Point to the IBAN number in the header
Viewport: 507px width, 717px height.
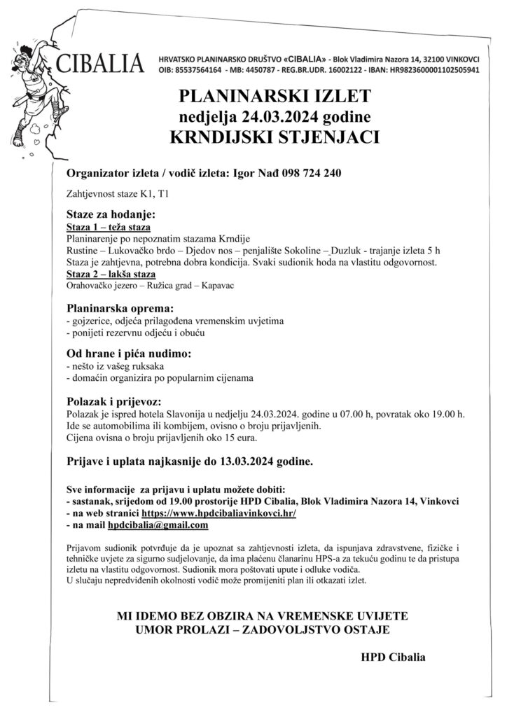(433, 70)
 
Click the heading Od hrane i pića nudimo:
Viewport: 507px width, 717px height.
(130, 354)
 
